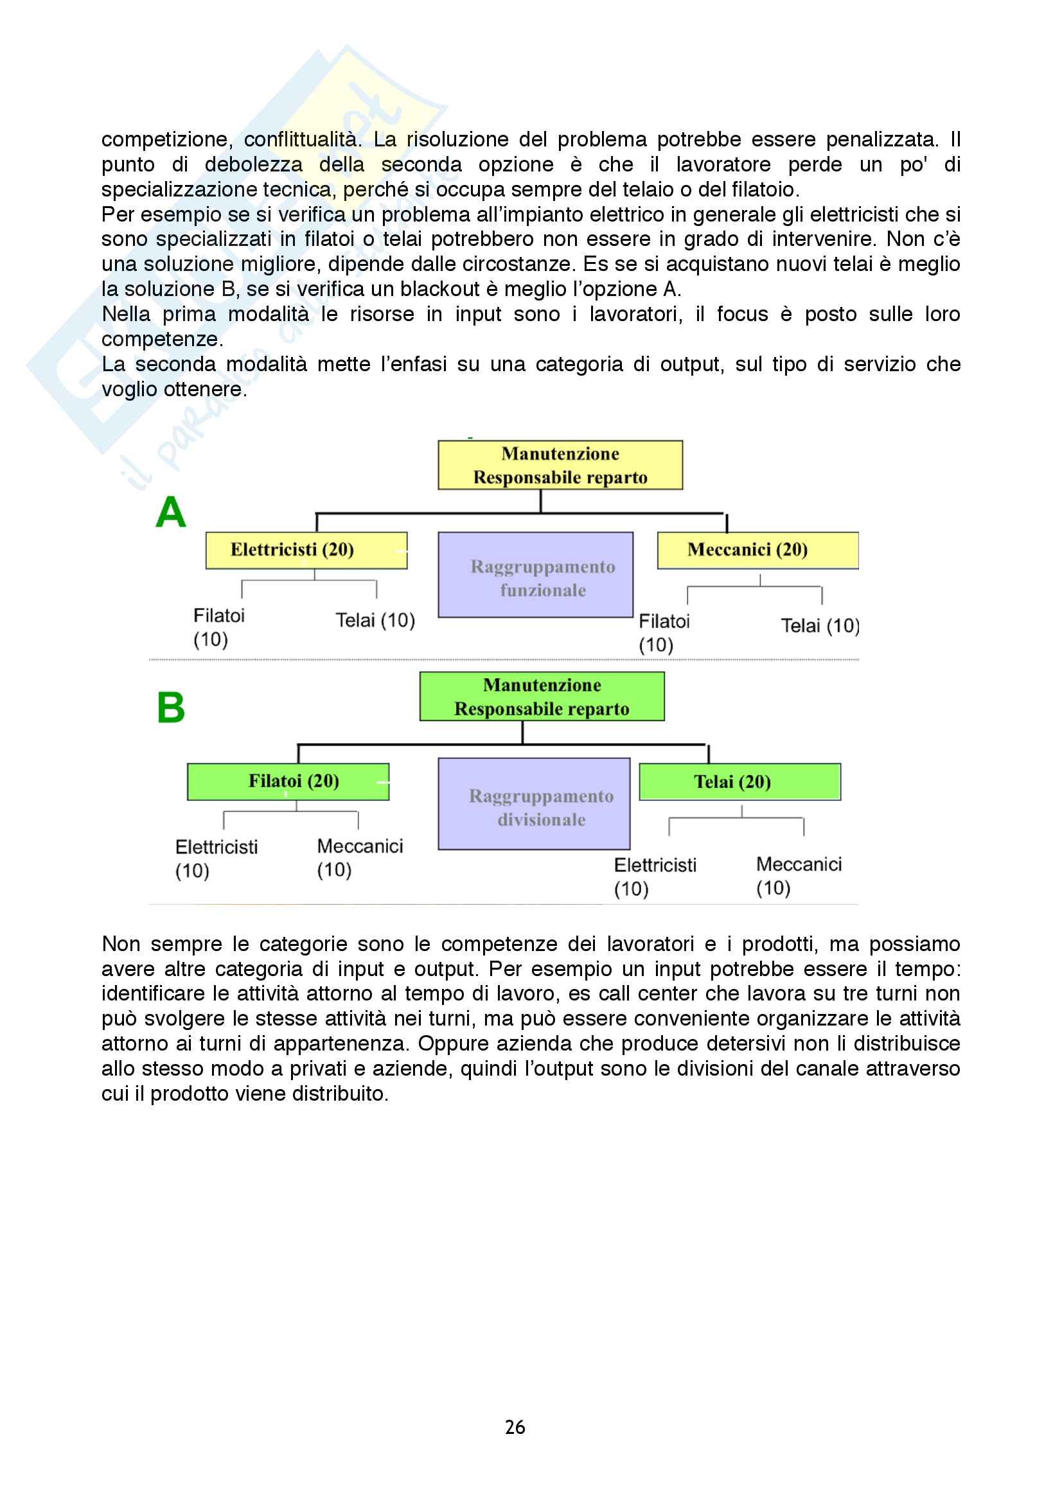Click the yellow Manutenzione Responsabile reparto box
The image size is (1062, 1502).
click(560, 465)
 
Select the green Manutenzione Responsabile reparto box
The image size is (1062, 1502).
click(542, 697)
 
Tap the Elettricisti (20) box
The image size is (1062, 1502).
click(306, 550)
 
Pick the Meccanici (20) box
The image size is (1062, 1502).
click(757, 550)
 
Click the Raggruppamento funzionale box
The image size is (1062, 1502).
click(535, 575)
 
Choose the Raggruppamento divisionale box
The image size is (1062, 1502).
click(534, 804)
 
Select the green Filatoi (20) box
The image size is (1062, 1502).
click(288, 782)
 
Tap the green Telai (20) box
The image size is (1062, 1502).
click(739, 782)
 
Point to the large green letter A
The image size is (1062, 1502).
click(171, 512)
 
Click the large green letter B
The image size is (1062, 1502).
click(171, 708)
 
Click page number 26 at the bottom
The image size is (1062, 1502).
click(515, 1427)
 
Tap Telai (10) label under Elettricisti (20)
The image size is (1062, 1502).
click(375, 620)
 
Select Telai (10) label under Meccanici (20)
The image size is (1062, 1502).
click(819, 626)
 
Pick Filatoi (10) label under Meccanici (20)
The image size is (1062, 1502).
click(664, 633)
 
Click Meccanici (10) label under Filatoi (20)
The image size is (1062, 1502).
click(359, 858)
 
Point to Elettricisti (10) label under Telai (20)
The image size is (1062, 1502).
click(654, 877)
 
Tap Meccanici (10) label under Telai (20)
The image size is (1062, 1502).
click(799, 876)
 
